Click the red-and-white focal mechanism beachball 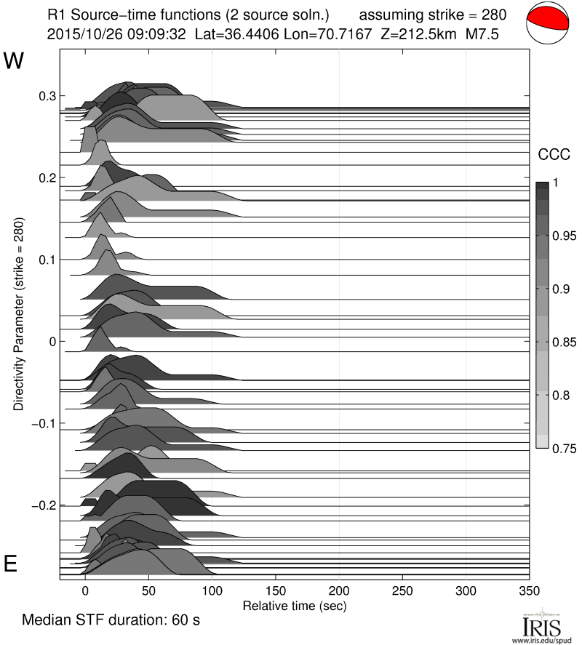[547, 23]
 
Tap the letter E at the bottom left [11, 564]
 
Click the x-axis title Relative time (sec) [294, 604]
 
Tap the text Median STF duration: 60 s [111, 620]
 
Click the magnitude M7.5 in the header [482, 33]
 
